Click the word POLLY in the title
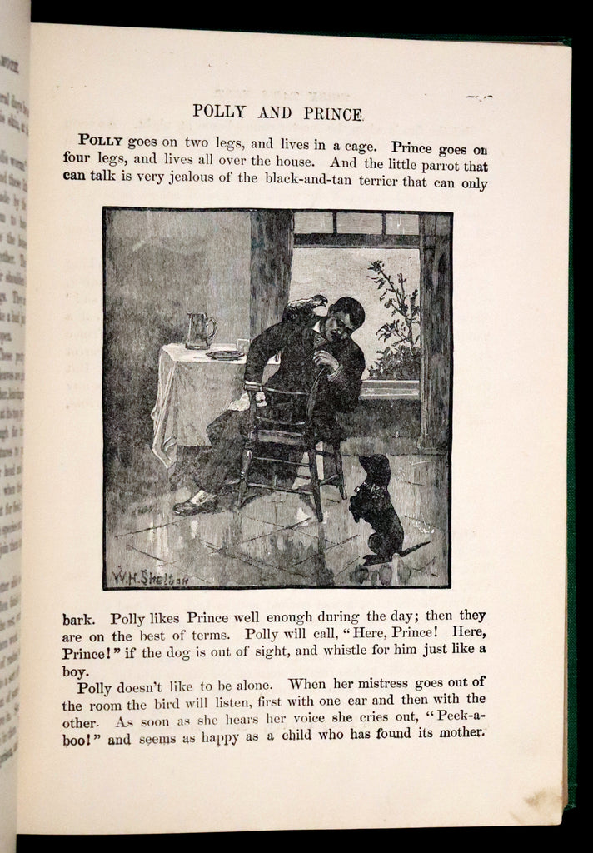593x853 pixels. pyautogui.click(x=221, y=112)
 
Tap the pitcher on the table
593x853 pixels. pyautogui.click(x=199, y=330)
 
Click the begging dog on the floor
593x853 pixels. pyautogui.click(x=374, y=508)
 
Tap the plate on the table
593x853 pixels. pyautogui.click(x=225, y=354)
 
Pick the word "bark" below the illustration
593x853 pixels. pyautogui.click(x=80, y=619)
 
